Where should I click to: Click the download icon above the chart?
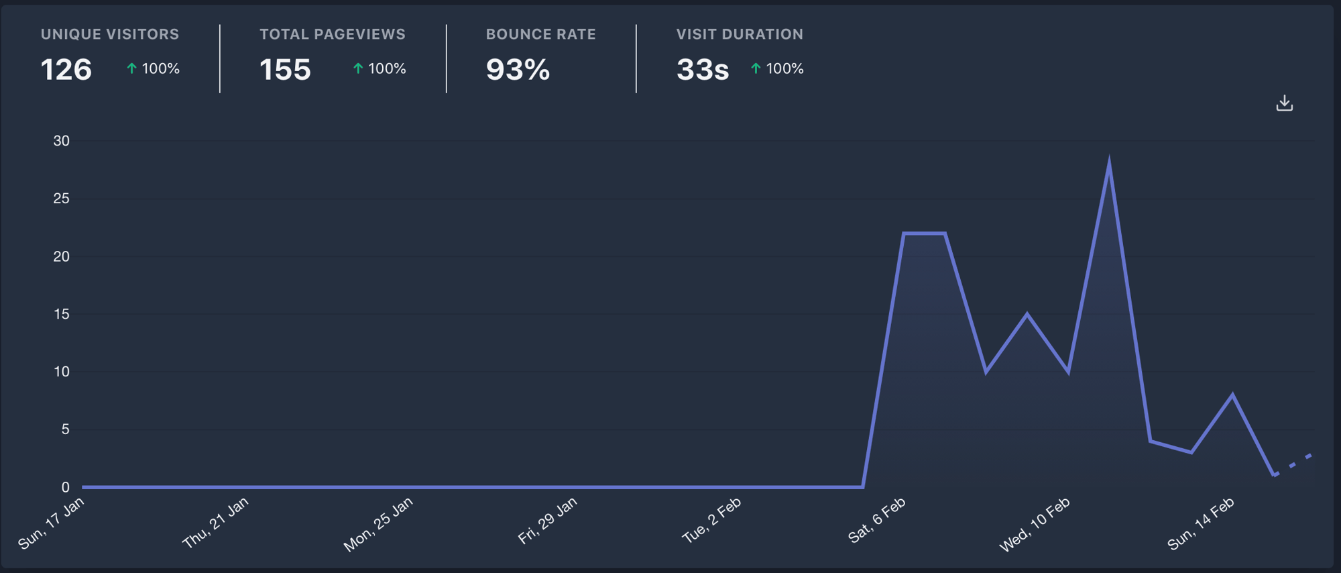point(1284,103)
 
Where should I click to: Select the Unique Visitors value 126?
point(66,70)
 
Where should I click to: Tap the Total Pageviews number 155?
point(285,70)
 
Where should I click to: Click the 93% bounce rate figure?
point(518,70)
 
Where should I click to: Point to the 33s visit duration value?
point(702,70)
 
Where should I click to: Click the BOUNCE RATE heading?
point(540,34)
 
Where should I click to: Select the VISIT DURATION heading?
point(739,34)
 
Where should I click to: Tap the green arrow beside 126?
point(132,68)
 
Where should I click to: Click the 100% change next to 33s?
point(784,68)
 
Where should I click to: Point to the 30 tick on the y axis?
point(62,141)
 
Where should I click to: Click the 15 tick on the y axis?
point(62,314)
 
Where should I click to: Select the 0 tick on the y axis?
point(65,487)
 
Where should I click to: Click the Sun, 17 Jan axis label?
point(52,523)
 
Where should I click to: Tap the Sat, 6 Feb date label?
point(877,520)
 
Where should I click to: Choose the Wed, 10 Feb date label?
point(1035,524)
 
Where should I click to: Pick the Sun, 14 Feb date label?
point(1201,524)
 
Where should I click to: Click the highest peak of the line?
point(1109,164)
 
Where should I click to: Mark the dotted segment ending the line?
point(1293,465)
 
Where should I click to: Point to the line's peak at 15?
point(1027,314)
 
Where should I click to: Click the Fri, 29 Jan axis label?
point(547,521)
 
